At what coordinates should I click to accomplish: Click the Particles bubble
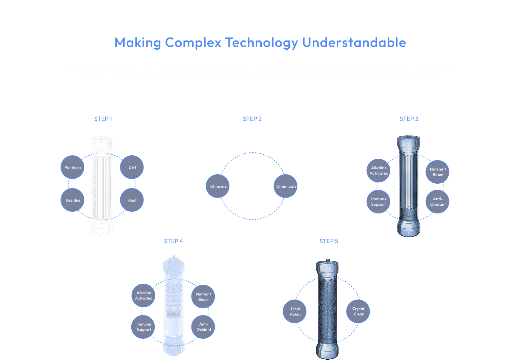(73, 167)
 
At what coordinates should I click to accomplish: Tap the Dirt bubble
(132, 167)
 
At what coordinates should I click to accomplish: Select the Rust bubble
(132, 200)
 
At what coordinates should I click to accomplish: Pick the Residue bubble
(73, 200)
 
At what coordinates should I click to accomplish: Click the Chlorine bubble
(218, 186)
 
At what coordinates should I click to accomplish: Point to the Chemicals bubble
(286, 186)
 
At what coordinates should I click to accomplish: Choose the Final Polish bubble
(295, 311)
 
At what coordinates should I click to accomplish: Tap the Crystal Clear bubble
(358, 311)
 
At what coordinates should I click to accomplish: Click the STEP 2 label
(252, 119)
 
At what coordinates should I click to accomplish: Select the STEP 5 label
(329, 241)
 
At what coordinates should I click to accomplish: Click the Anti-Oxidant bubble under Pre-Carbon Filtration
(438, 202)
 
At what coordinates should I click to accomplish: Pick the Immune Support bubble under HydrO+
(144, 327)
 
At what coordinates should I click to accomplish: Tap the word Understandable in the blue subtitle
(354, 43)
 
